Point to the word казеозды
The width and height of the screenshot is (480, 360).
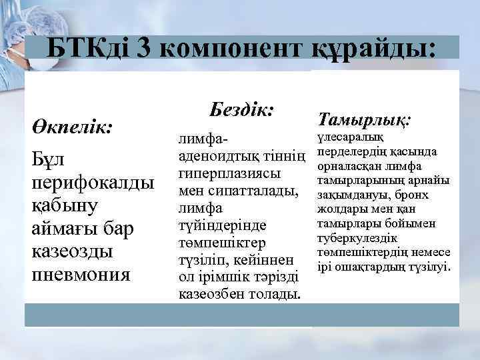71,251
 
